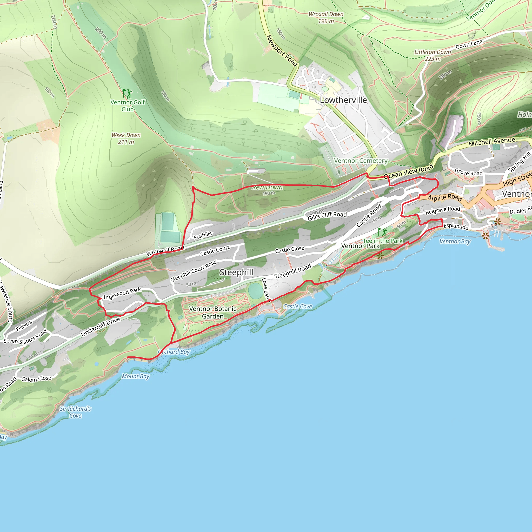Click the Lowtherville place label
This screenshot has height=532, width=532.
[343, 100]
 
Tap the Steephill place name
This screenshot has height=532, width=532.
[236, 272]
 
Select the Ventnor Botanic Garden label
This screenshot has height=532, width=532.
[212, 312]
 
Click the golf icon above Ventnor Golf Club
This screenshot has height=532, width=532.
[127, 93]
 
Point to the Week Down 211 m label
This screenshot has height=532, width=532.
[126, 138]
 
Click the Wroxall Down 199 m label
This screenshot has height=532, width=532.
[326, 17]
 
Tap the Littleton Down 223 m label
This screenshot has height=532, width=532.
[433, 55]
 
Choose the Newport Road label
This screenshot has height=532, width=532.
[282, 51]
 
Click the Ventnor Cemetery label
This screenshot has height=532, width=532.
[361, 161]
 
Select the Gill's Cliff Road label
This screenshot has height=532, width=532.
[327, 216]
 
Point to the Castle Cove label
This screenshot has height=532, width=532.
[297, 307]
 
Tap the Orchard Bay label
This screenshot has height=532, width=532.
[174, 352]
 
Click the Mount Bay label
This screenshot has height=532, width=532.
[136, 376]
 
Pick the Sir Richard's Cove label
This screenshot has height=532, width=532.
[75, 412]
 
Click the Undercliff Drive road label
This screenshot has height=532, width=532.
[101, 327]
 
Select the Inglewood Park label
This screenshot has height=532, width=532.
[122, 294]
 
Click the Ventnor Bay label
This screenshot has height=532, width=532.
[455, 242]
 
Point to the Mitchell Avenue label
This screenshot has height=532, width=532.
[492, 142]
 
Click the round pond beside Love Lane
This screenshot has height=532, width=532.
[255, 291]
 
